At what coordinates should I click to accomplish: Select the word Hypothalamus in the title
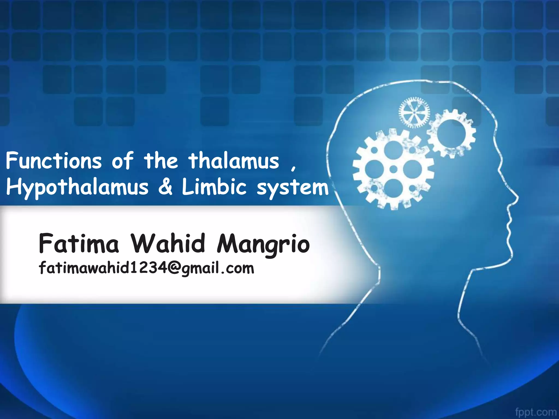point(77,188)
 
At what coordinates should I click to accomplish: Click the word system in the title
point(293,188)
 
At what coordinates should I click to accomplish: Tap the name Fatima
point(79,243)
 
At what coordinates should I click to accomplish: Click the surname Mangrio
point(263,244)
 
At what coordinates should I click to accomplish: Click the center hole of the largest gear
point(393,169)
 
